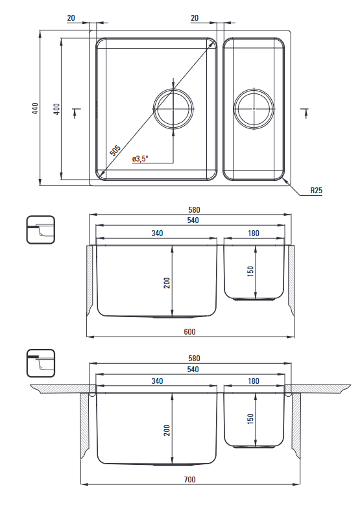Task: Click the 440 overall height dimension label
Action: [35, 108]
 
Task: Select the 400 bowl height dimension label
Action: [56, 109]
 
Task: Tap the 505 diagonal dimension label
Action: [115, 150]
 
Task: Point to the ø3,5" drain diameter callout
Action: [140, 159]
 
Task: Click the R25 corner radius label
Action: [316, 190]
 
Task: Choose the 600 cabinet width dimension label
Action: [189, 331]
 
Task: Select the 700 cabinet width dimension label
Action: [189, 479]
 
